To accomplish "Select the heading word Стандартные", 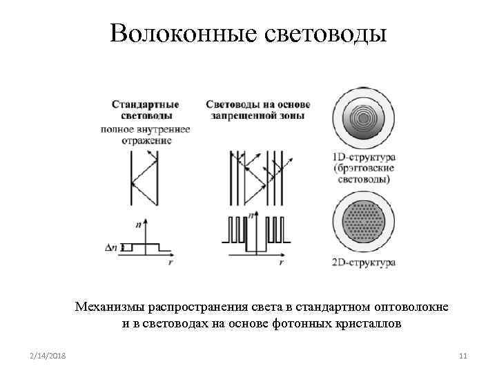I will point(146,105).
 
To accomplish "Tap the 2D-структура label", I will point(363,262).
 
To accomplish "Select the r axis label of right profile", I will point(282,263).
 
